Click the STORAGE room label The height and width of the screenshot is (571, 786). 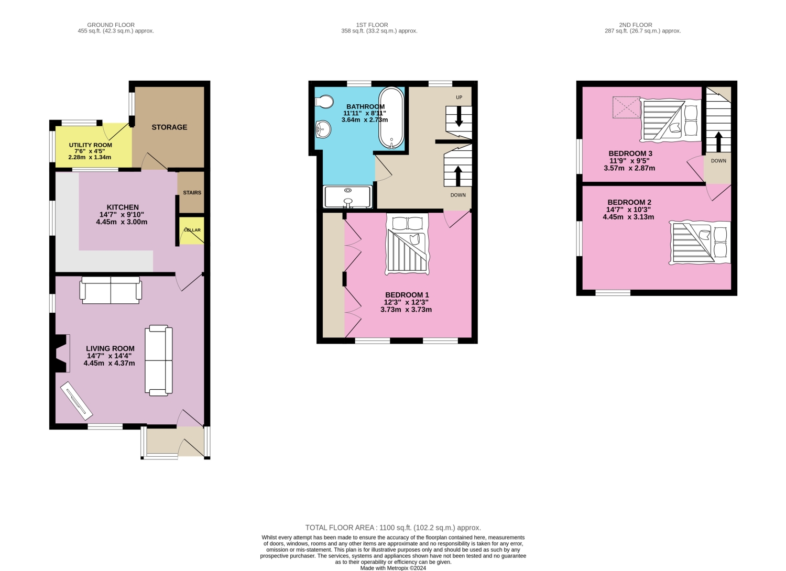[169, 127]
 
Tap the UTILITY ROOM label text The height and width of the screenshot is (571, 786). [91, 145]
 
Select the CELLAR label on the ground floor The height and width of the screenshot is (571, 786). [192, 230]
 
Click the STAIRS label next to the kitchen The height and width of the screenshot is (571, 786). [192, 193]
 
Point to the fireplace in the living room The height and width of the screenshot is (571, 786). [62, 353]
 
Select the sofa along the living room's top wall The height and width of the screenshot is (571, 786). [111, 291]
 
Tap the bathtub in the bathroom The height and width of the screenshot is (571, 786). [391, 118]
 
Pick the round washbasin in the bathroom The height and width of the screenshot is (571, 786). [323, 129]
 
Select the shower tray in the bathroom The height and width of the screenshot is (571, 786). [348, 197]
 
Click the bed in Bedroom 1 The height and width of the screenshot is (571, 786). [407, 244]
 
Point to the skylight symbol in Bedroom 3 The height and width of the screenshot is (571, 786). [626, 107]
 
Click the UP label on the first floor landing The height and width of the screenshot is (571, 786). [459, 97]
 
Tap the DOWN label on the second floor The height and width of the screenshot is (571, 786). [718, 161]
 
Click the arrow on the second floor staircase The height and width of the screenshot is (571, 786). [718, 141]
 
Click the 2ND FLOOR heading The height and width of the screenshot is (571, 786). [635, 25]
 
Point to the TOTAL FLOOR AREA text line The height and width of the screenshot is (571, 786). [393, 528]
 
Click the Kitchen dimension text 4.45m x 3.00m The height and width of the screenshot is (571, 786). [122, 222]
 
